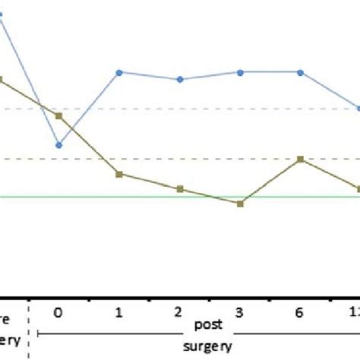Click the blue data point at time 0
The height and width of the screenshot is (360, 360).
click(x=59, y=145)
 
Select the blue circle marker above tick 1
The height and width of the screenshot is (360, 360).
click(x=119, y=72)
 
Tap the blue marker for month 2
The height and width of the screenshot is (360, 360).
click(x=180, y=79)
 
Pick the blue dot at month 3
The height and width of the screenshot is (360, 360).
click(x=240, y=72)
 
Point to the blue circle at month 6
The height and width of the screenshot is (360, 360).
click(x=300, y=72)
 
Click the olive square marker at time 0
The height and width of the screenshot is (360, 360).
click(x=59, y=115)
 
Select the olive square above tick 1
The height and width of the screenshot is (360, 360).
click(x=119, y=175)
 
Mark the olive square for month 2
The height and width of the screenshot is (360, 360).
click(x=180, y=188)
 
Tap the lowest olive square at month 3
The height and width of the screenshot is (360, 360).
click(x=240, y=204)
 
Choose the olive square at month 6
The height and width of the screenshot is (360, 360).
click(x=300, y=159)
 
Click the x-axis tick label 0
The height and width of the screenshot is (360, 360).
click(x=59, y=311)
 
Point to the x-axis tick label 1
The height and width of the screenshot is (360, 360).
click(x=119, y=311)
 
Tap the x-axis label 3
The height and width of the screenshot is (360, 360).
click(x=240, y=311)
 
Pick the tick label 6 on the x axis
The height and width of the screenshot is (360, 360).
click(x=300, y=311)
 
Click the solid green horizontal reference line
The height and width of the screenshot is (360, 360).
click(x=152, y=197)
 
